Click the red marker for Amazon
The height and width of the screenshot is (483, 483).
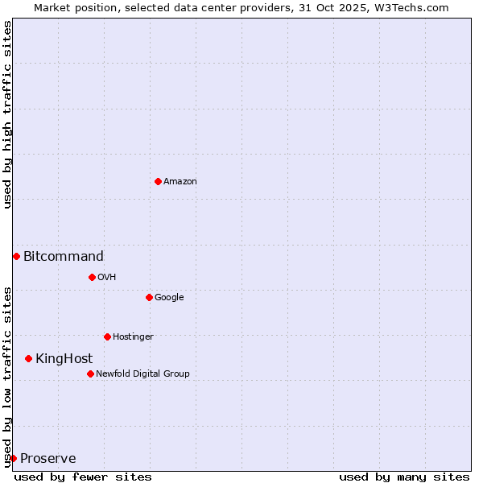(158, 181)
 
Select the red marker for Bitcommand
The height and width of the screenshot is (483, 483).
(16, 256)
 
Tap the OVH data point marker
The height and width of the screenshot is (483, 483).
(92, 277)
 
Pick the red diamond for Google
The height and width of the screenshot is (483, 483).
(149, 297)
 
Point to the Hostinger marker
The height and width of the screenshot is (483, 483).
(107, 336)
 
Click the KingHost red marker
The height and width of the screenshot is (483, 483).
(28, 358)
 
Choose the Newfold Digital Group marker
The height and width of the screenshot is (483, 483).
(90, 374)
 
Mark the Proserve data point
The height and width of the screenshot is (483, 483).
(13, 458)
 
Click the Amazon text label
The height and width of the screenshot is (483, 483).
(180, 182)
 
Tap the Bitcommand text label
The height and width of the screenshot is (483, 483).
(64, 257)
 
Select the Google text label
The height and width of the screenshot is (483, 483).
(169, 298)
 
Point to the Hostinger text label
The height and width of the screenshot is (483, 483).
(133, 337)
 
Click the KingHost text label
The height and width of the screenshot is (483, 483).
(64, 359)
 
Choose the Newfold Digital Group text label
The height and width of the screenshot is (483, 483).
(142, 374)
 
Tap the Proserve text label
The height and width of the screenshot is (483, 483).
(48, 459)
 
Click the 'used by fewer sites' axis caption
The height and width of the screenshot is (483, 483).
(83, 477)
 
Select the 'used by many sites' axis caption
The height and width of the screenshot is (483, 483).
(404, 477)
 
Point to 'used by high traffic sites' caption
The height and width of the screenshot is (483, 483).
(7, 114)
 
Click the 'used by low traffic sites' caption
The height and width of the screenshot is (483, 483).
(7, 376)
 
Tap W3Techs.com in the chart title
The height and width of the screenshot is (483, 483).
(410, 7)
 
